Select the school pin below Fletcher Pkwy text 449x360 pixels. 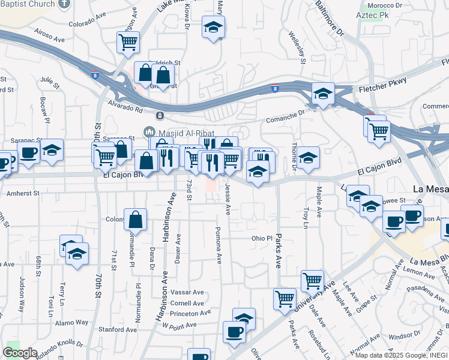tap(323, 94)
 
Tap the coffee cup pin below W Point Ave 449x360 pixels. tap(234, 332)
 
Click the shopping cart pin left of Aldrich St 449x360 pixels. tap(128, 43)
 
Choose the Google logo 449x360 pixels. tap(19, 353)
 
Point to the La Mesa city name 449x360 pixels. tap(431, 188)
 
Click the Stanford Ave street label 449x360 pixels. tap(118, 329)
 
